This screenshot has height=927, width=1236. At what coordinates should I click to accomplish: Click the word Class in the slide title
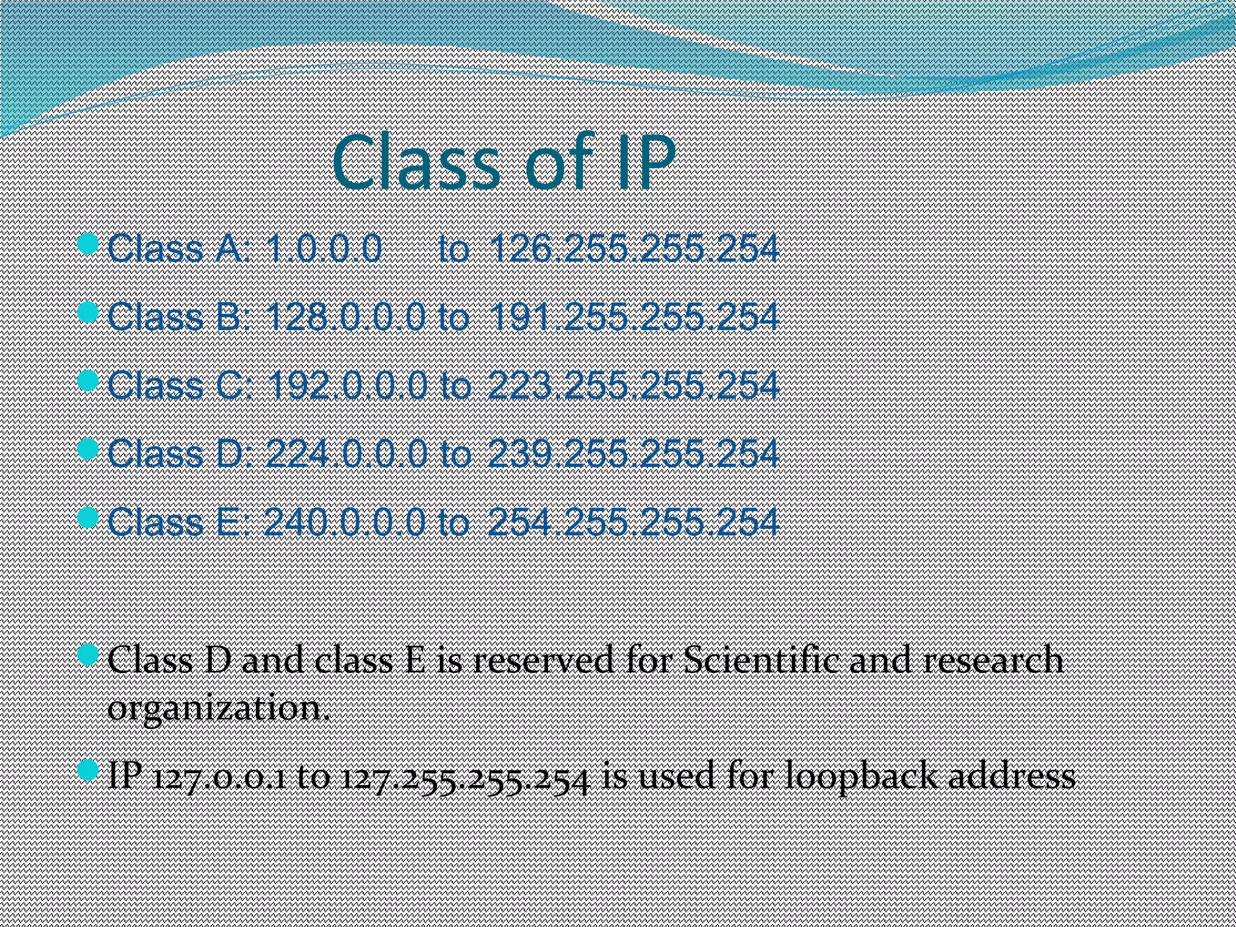(x=415, y=163)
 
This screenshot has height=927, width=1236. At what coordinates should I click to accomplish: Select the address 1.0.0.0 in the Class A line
(x=324, y=249)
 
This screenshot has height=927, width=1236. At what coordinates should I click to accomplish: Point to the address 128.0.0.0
(x=345, y=317)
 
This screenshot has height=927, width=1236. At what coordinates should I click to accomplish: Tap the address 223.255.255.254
(x=633, y=385)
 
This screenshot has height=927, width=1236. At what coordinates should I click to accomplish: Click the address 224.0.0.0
(x=346, y=453)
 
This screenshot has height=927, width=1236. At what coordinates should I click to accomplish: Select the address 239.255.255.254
(x=633, y=453)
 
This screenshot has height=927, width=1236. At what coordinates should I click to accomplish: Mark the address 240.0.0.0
(x=345, y=521)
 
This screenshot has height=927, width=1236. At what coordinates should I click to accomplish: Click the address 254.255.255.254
(x=633, y=521)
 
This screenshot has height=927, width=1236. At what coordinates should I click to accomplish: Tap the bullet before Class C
(x=88, y=381)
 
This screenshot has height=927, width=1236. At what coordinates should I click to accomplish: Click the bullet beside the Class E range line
(x=88, y=517)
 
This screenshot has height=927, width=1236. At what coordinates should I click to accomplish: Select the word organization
(x=218, y=707)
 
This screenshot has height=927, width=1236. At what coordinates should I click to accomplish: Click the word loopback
(x=862, y=776)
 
